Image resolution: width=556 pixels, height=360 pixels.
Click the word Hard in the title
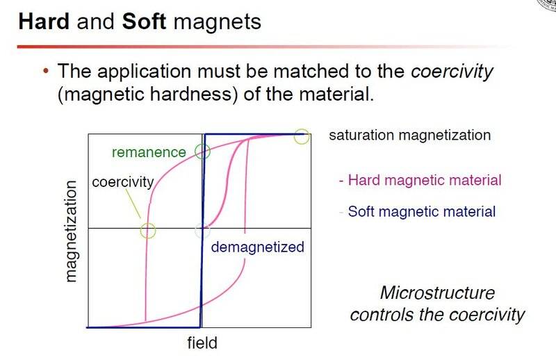44,22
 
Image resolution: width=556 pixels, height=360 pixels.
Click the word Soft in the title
144,22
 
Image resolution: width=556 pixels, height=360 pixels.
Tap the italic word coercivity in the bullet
452,72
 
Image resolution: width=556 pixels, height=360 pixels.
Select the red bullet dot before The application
45,71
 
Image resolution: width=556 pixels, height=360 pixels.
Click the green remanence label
149,152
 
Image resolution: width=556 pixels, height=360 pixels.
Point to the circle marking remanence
195,152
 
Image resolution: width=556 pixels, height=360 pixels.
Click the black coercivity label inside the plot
123,182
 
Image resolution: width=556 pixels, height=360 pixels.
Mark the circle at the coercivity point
140,231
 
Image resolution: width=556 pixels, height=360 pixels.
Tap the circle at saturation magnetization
294,136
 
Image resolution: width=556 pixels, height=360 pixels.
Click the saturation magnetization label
410,136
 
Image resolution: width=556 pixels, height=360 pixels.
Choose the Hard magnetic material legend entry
420,180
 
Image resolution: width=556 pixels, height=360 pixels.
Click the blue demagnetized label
257,247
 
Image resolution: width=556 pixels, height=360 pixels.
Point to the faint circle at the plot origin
195,231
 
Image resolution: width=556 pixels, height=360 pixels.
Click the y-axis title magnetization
71,231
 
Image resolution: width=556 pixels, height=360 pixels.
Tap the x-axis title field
202,343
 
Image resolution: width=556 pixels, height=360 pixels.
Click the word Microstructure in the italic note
437,293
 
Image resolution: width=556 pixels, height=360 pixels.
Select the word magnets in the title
218,22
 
